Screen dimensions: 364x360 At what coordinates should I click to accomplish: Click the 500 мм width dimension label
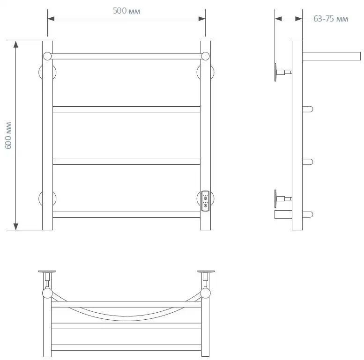click(x=126, y=11)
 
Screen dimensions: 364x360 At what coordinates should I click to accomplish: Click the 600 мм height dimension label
click(x=8, y=135)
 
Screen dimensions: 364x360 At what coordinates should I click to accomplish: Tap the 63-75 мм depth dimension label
click(x=331, y=19)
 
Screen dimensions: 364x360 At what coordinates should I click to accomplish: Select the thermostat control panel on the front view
click(x=206, y=201)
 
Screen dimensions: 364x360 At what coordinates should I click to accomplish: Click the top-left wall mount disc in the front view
click(x=40, y=72)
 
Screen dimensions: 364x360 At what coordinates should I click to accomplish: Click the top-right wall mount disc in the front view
click(x=212, y=72)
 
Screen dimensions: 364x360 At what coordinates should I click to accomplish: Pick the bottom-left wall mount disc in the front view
click(x=40, y=198)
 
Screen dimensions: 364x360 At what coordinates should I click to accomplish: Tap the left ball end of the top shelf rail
click(x=47, y=56)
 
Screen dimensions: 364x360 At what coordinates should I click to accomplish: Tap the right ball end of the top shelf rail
click(x=205, y=56)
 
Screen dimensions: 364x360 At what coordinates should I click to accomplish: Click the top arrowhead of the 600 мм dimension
click(x=15, y=44)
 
